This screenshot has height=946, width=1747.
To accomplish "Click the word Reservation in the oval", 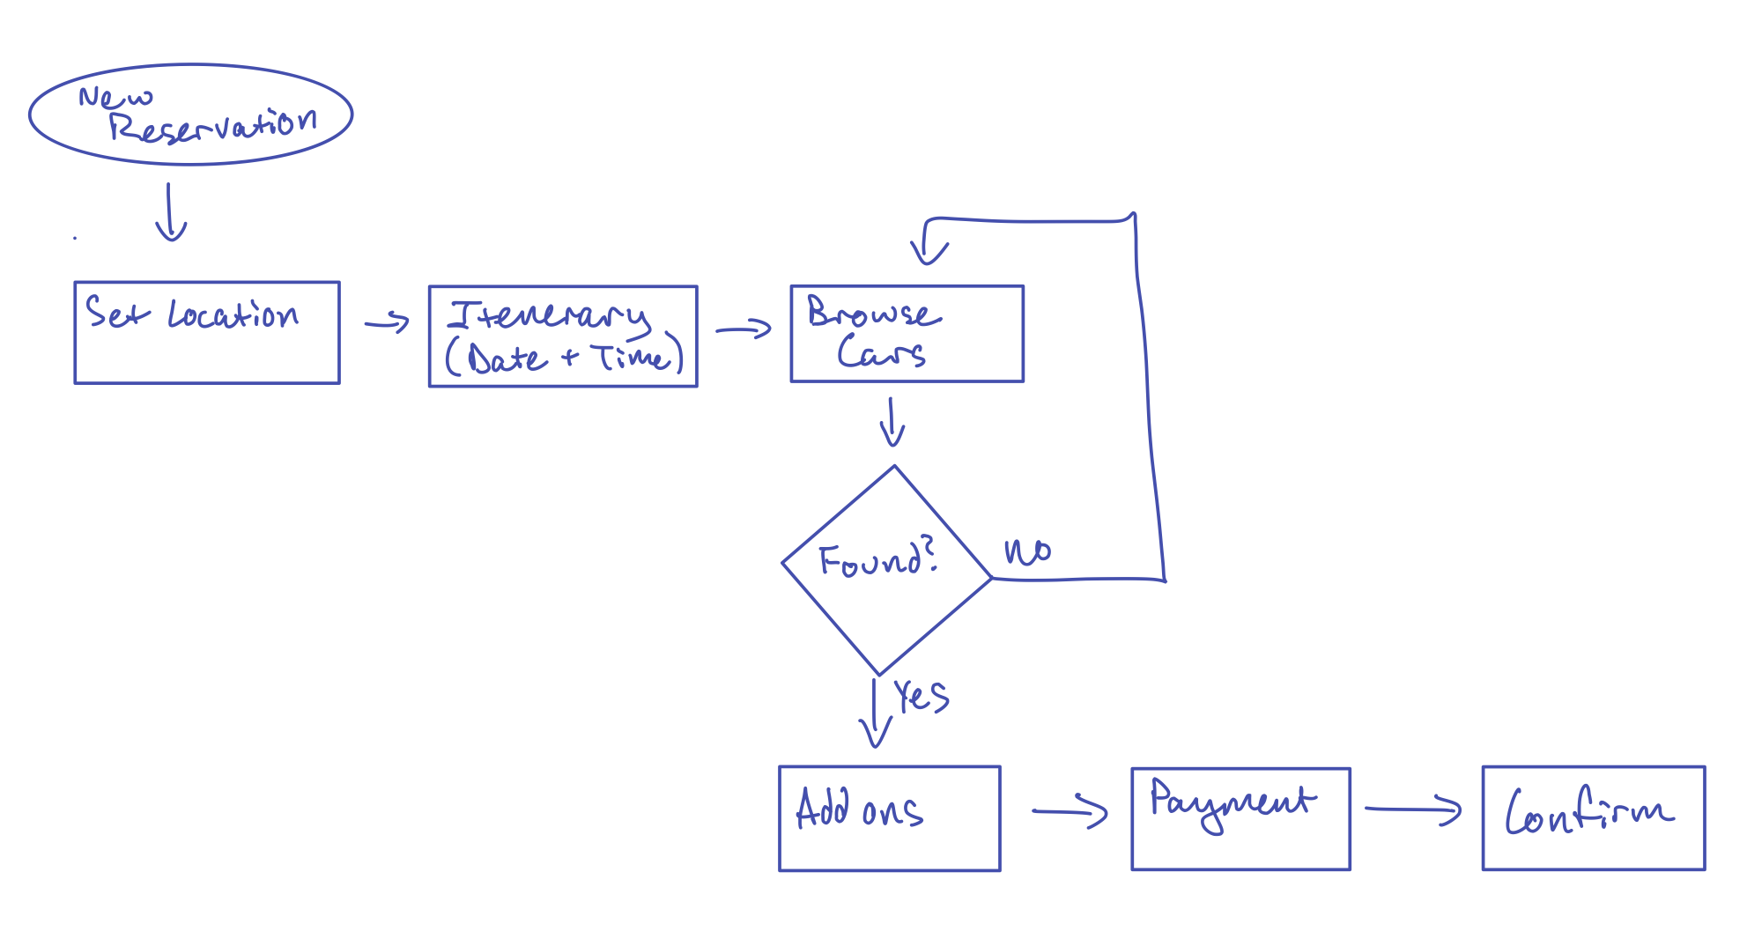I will coord(212,126).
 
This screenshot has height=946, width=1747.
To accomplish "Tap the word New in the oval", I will coord(115,96).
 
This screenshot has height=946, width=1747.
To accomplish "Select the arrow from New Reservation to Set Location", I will coord(170,212).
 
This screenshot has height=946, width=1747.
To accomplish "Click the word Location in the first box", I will coord(233,314).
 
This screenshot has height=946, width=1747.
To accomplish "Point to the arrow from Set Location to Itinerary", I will coord(388,322).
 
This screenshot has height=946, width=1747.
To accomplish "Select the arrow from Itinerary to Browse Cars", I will coord(744,329).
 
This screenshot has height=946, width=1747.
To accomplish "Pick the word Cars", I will coord(881,352).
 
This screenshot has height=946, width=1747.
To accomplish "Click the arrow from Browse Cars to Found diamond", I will coord(892,422).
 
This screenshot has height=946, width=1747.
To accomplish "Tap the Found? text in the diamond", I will coord(877,559).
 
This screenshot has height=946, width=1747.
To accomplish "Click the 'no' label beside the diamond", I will coord(1027,552).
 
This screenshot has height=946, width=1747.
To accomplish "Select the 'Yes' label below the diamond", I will coord(921,696).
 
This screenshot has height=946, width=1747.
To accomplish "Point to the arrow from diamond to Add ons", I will coord(875,713).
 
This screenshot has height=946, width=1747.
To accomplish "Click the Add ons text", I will coord(859,809).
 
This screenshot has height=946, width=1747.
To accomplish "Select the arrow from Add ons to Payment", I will coord(1070,810).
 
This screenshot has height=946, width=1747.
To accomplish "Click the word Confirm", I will coord(1588,812).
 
